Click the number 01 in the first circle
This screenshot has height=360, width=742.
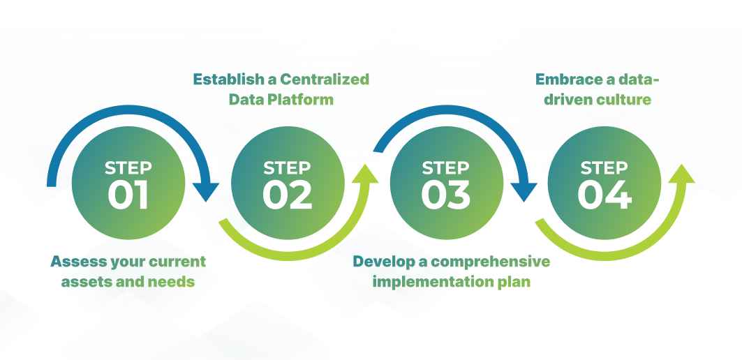pos(128,195)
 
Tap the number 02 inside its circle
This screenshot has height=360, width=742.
pos(288,195)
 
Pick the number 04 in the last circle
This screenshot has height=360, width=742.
pos(605,195)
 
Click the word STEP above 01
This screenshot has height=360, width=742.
pos(128,168)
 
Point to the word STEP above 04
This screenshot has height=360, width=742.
pos(604,168)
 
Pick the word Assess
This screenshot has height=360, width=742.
pos(75,262)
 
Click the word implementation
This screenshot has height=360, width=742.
pos(429,283)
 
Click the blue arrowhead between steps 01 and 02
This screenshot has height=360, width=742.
pos(206,190)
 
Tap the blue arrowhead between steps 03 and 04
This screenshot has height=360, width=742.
pos(524,190)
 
